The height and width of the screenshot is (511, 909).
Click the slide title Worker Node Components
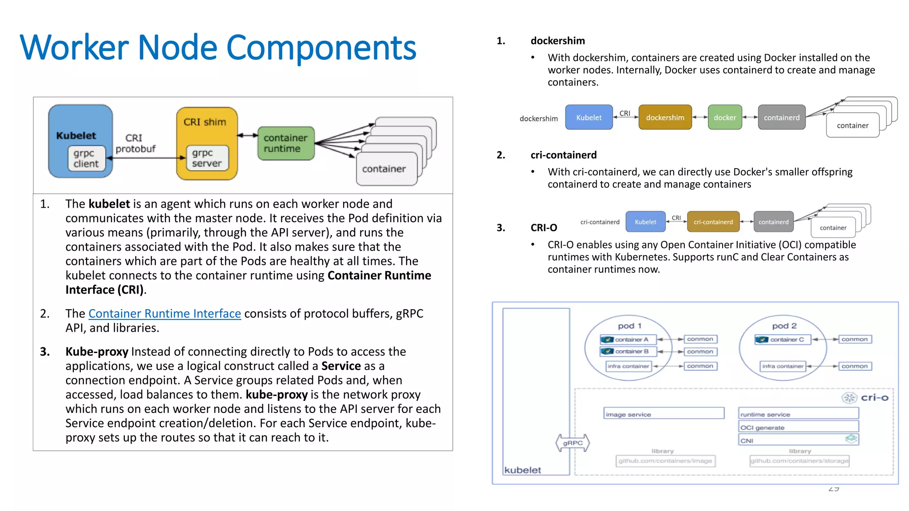pyautogui.click(x=218, y=47)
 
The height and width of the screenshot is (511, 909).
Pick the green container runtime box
pyautogui.click(x=286, y=143)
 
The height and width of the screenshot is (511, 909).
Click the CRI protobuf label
pyautogui.click(x=135, y=144)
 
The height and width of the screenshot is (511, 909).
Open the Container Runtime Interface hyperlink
pyautogui.click(x=165, y=314)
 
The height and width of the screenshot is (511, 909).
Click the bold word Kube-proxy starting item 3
pyautogui.click(x=97, y=352)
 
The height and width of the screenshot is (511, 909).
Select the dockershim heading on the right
pyautogui.click(x=557, y=41)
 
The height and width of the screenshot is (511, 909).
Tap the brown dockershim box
pyautogui.click(x=665, y=118)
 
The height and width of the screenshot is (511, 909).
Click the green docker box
pyautogui.click(x=725, y=118)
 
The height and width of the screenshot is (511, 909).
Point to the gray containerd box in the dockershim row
pyautogui.click(x=781, y=118)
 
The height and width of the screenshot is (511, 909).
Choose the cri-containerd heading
pyautogui.click(x=563, y=155)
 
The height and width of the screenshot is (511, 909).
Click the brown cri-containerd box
pyautogui.click(x=713, y=222)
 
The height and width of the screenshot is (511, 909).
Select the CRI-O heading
pyautogui.click(x=544, y=228)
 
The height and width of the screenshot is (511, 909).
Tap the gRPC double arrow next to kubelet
pyautogui.click(x=573, y=443)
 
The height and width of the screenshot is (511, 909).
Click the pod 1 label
pyautogui.click(x=629, y=326)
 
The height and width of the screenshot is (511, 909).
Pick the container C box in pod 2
pyautogui.click(x=783, y=340)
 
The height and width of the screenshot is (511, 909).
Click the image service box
pyautogui.click(x=664, y=414)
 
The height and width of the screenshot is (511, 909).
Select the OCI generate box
pyautogui.click(x=798, y=427)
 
